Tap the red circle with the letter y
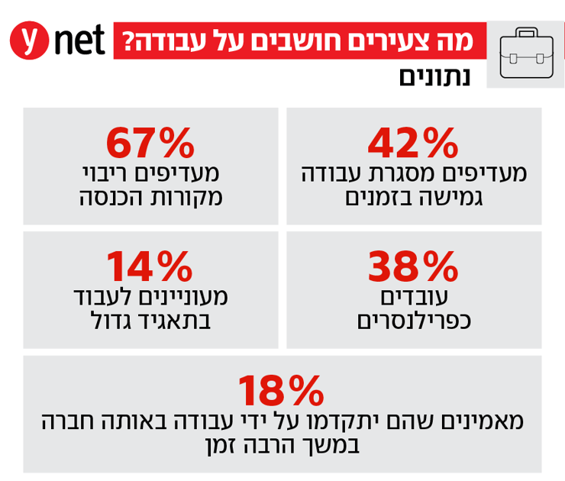tap(28, 40)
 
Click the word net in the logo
tap(79, 40)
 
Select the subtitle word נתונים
tap(434, 77)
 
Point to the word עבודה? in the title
tap(156, 40)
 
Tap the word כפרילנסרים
tap(413, 320)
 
